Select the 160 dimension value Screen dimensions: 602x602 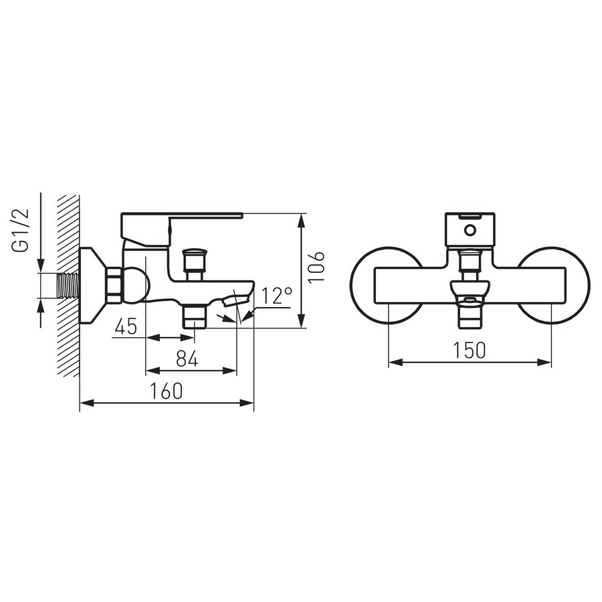tap(167, 391)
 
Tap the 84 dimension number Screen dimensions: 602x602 tap(187, 359)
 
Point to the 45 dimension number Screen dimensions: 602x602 tap(126, 326)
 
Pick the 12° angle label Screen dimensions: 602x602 tap(276, 296)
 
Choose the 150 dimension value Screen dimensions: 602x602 tap(470, 350)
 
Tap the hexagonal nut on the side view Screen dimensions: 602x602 tap(114, 286)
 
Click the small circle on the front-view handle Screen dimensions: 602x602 tap(470, 230)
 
